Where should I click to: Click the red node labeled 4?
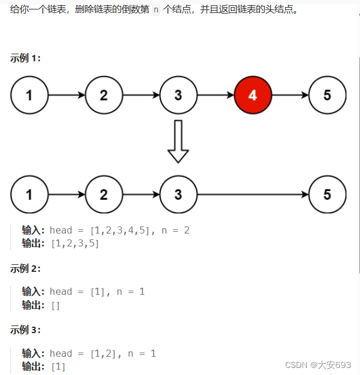[253, 95]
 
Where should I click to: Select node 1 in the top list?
[29, 95]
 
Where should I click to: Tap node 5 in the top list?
[328, 95]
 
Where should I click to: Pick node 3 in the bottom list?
[179, 195]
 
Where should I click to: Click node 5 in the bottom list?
[328, 195]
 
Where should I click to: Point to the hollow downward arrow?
[178, 142]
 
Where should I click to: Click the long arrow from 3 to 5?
[253, 195]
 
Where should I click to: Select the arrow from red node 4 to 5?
[290, 95]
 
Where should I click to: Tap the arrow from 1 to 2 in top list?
[67, 95]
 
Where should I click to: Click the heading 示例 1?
[25, 58]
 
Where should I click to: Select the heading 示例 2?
[25, 268]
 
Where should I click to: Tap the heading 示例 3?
[25, 330]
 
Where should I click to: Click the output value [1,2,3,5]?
[75, 243]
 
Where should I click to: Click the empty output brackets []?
[55, 305]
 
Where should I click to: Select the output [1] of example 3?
[58, 367]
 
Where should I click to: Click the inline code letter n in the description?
[156, 11]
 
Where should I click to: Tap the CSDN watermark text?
[318, 365]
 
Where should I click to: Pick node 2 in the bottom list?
[104, 195]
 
